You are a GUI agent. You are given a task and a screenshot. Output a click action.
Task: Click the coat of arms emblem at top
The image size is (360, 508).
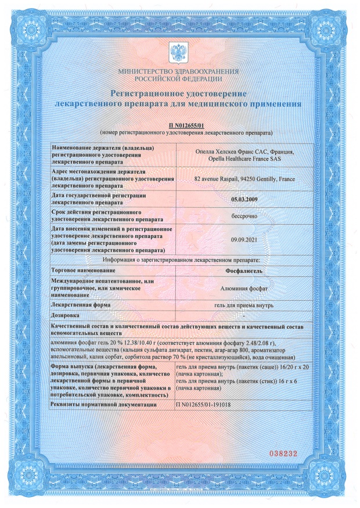178,53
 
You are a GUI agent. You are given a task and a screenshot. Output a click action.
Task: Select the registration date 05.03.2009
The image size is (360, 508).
244,199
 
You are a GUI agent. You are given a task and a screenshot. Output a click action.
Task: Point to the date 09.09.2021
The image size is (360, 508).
244,240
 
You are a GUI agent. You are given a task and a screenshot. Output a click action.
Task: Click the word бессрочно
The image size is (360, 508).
244,216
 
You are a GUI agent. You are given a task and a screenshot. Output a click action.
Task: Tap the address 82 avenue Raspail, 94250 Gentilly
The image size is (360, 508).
244,179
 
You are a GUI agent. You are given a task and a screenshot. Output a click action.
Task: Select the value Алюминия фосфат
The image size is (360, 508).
244,287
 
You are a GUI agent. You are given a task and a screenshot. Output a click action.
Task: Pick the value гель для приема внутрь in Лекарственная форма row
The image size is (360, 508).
244,305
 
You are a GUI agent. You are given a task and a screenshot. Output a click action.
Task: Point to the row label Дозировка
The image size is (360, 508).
67,315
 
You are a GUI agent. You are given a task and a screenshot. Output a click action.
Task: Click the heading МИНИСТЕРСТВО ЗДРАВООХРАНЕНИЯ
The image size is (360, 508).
178,71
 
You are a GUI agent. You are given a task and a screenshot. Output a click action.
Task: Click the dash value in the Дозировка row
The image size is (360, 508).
244,315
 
